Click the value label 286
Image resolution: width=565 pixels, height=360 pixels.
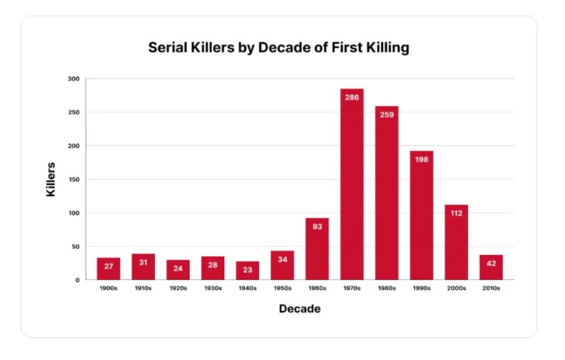pos(352,97)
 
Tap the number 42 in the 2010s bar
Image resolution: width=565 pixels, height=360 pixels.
pos(491,263)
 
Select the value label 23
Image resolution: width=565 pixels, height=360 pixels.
pos(247,270)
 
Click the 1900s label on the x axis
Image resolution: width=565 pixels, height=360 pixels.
pos(109,289)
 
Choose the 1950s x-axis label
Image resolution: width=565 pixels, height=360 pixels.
pos(282,289)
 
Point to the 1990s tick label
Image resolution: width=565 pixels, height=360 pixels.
pos(422,289)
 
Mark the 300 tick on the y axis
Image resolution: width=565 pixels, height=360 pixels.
pos(74,78)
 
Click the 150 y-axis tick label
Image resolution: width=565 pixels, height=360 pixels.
pos(74,179)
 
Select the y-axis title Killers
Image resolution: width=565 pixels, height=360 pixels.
pos(51,179)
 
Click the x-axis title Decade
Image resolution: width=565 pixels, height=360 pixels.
pos(300,309)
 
